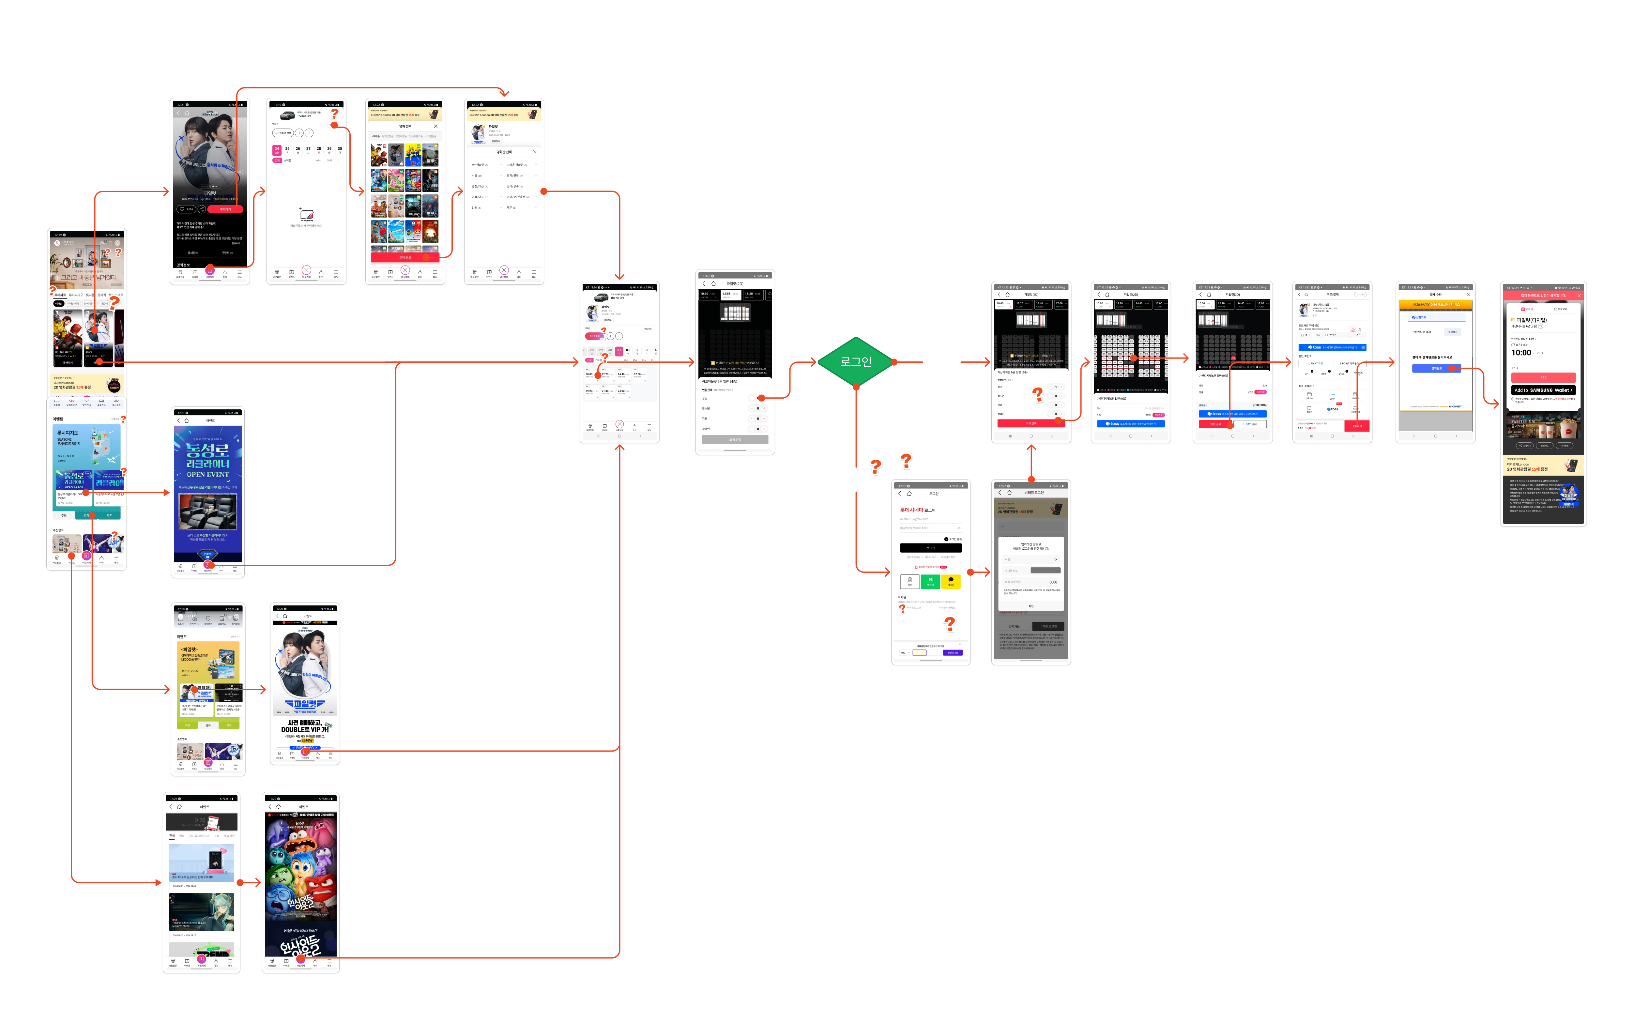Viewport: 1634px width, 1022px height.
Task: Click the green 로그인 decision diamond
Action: coord(856,362)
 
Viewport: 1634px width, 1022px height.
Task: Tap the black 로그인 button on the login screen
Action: coord(931,547)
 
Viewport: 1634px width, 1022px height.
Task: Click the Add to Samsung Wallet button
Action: coord(1543,390)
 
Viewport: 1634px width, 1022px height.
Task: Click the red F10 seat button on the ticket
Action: coord(1543,377)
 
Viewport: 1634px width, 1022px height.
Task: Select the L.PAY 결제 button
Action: coord(1249,424)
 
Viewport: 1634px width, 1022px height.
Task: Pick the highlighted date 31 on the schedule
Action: coord(619,350)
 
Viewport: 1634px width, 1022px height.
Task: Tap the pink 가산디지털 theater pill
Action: coord(593,336)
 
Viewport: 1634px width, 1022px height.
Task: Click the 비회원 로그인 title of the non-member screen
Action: coord(1034,493)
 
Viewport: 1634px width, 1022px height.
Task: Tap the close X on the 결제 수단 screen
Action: coord(1468,295)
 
